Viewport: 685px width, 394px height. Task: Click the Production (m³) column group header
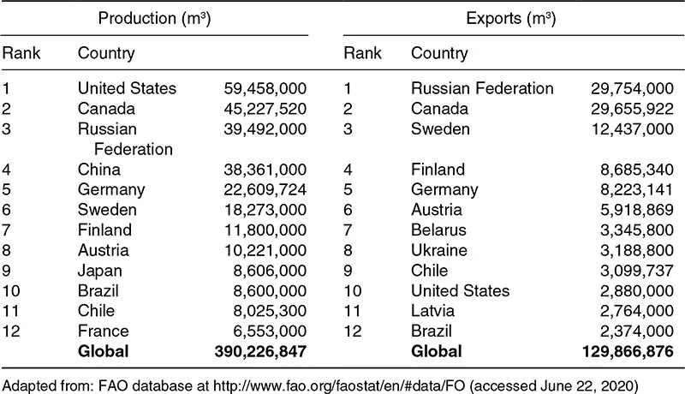(x=157, y=18)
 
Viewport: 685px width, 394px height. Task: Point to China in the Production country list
(x=99, y=170)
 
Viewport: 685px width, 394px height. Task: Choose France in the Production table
(x=103, y=331)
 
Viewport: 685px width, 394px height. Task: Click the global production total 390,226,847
(x=259, y=351)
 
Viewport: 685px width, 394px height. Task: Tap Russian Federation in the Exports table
(x=482, y=88)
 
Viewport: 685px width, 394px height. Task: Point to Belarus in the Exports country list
(x=439, y=230)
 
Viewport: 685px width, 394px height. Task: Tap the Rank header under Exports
(x=362, y=54)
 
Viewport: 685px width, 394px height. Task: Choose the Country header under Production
(x=106, y=54)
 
